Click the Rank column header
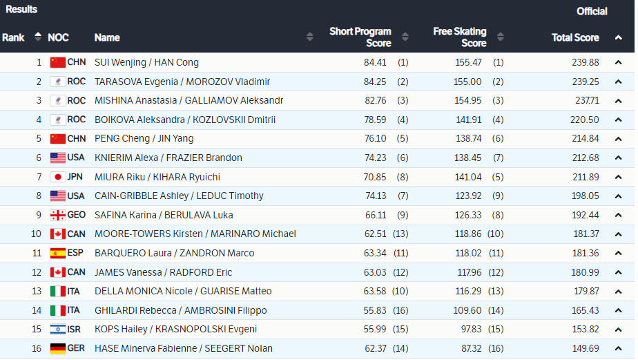click(x=13, y=37)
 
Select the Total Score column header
click(x=575, y=37)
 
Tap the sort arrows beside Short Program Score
click(x=405, y=37)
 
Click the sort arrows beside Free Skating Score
click(x=501, y=37)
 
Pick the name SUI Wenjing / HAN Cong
click(x=146, y=62)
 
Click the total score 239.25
click(x=586, y=82)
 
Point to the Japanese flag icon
click(x=58, y=177)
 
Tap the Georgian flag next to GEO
click(x=58, y=215)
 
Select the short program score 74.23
click(x=375, y=158)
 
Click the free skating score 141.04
click(x=468, y=177)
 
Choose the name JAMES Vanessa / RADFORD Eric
click(x=163, y=272)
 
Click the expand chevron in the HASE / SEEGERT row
click(x=618, y=348)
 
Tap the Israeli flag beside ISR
click(x=58, y=329)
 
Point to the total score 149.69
click(x=586, y=348)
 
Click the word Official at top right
click(x=592, y=11)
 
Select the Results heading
click(x=21, y=10)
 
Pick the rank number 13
click(x=37, y=291)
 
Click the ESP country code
click(x=75, y=253)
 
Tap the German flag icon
click(x=58, y=348)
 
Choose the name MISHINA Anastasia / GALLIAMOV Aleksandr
click(x=188, y=100)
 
